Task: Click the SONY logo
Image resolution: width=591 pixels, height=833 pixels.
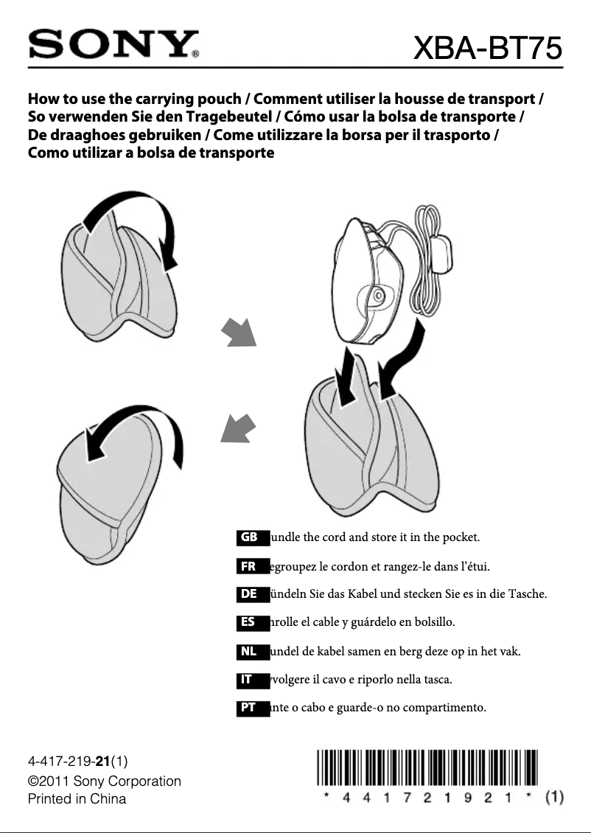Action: (x=114, y=45)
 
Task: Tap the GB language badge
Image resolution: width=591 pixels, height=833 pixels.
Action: (x=249, y=537)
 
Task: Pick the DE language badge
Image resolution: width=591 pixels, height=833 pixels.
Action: (x=249, y=593)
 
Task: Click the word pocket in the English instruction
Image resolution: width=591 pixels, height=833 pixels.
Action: (x=461, y=537)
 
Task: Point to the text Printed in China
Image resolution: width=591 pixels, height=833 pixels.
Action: (x=77, y=798)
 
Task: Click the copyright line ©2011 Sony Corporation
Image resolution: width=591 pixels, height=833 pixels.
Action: (x=104, y=781)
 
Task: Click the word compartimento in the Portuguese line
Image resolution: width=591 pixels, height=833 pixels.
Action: (x=447, y=708)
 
